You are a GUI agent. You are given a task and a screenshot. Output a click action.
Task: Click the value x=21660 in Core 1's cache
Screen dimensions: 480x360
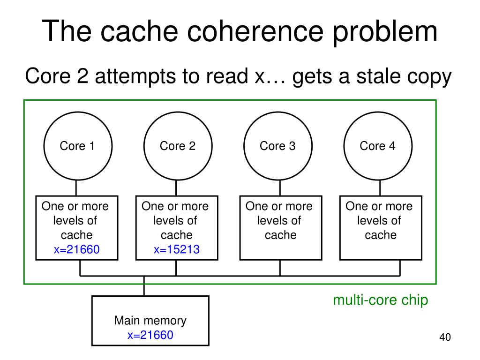(76, 249)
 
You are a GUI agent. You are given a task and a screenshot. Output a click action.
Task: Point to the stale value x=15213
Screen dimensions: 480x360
(177, 249)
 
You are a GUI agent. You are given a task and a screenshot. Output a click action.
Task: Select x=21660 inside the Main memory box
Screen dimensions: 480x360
(150, 335)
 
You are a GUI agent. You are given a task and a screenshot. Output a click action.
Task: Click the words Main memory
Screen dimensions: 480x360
(150, 321)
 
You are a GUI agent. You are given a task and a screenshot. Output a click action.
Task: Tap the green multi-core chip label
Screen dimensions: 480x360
(381, 300)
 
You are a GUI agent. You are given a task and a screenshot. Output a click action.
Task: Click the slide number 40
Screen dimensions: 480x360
(445, 337)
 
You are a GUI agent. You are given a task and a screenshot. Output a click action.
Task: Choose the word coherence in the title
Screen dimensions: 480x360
(255, 31)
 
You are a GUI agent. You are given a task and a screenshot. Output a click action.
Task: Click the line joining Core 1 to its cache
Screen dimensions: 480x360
(76, 188)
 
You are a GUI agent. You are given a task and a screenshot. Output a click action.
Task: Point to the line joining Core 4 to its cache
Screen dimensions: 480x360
(380, 188)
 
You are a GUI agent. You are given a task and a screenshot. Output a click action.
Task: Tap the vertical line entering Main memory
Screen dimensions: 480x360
(144, 286)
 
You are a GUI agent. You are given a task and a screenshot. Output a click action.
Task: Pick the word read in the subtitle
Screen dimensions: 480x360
(227, 76)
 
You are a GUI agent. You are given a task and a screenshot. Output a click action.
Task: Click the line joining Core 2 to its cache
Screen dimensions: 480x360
(176, 188)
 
